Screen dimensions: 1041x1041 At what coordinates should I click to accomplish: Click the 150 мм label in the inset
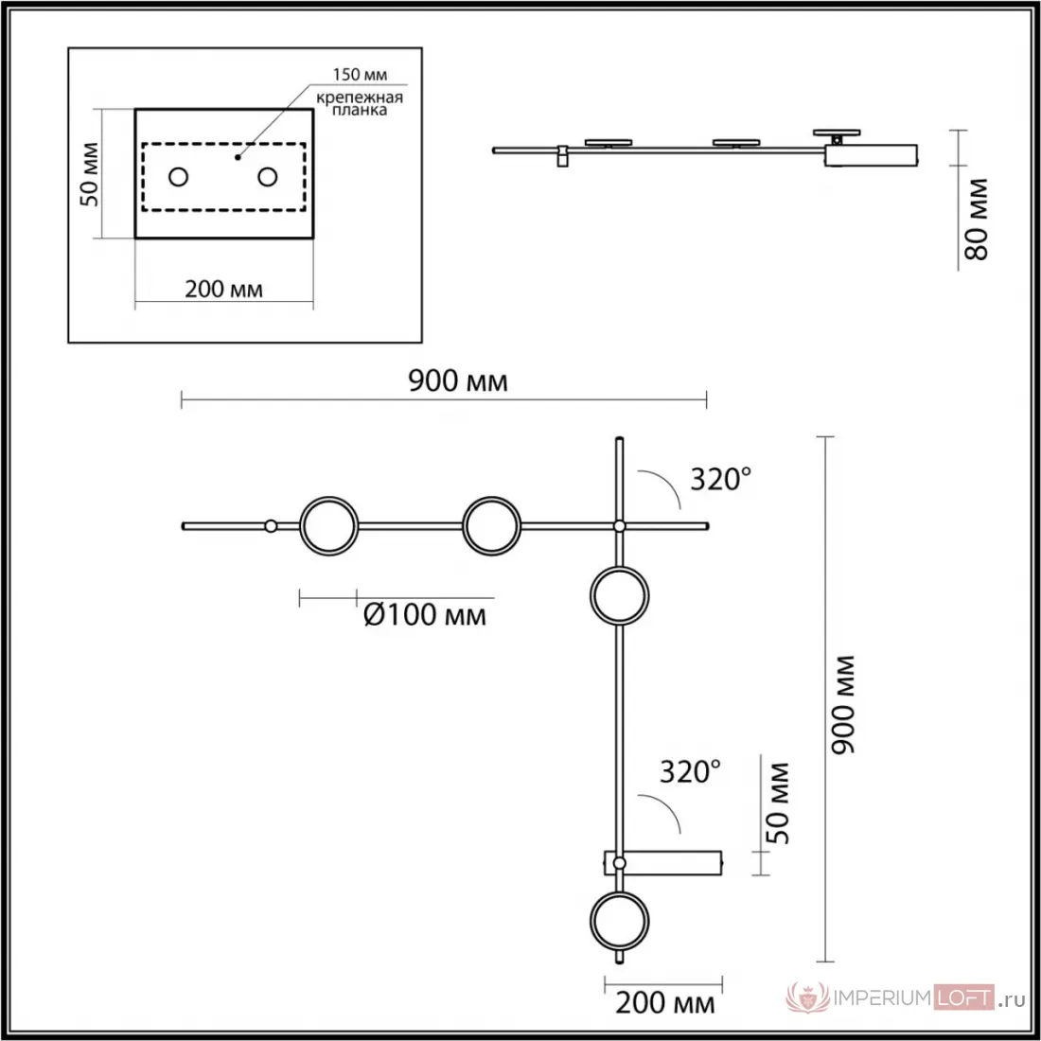(x=360, y=75)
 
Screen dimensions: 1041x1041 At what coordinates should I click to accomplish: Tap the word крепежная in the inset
(x=360, y=97)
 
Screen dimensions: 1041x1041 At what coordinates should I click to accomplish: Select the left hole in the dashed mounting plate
(x=179, y=177)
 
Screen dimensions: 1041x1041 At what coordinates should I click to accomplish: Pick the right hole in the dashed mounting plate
(x=268, y=177)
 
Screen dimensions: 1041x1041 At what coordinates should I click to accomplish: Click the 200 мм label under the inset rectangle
(x=223, y=290)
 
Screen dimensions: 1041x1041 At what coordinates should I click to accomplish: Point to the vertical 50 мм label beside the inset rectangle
(x=90, y=174)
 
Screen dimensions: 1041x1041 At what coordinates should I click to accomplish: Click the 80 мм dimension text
(x=977, y=219)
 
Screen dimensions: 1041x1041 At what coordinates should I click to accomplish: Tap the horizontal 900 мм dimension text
(x=457, y=381)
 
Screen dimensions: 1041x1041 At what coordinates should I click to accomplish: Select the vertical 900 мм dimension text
(x=844, y=704)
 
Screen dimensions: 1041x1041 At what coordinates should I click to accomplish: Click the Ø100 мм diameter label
(x=425, y=615)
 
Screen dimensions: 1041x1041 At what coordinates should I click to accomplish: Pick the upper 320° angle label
(x=721, y=479)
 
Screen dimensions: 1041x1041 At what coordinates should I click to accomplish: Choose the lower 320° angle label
(x=691, y=772)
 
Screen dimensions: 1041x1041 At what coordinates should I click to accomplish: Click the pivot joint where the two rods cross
(x=619, y=526)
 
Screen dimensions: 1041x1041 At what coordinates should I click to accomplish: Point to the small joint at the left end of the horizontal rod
(x=271, y=526)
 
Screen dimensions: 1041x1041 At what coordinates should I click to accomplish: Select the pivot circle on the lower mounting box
(x=619, y=863)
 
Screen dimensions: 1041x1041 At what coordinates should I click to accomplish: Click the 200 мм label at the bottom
(x=665, y=1003)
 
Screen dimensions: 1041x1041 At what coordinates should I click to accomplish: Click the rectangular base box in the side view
(x=871, y=155)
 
